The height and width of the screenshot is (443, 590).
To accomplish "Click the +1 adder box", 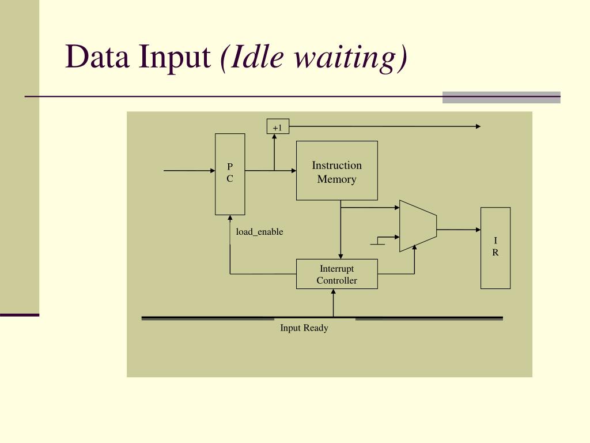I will click(x=278, y=126).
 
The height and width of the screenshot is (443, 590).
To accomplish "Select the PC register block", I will click(x=230, y=174).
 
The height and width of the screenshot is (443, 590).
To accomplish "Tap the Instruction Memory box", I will click(x=337, y=171).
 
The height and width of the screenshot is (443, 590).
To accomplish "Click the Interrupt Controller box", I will click(x=337, y=274).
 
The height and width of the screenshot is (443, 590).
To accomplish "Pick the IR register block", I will click(x=496, y=247).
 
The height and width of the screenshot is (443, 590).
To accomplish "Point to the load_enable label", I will click(x=259, y=232).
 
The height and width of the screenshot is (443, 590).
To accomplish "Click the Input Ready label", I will click(x=304, y=328).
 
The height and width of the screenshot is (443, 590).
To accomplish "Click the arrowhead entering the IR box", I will click(x=478, y=230).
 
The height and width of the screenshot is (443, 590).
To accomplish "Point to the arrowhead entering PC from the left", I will click(x=212, y=171).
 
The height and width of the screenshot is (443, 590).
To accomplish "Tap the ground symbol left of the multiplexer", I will click(x=377, y=242).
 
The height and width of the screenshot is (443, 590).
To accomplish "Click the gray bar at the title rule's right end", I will click(x=501, y=97).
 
